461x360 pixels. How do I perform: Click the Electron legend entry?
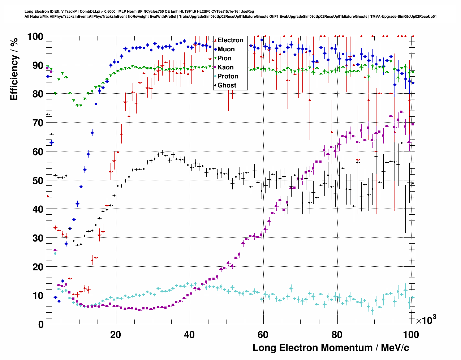230,40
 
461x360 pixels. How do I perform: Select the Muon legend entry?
226,49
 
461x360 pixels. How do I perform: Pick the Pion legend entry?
224,58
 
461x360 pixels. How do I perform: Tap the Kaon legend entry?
225,67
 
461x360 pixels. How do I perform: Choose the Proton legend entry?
228,76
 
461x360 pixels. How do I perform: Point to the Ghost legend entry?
227,85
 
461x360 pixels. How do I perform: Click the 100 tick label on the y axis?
35,37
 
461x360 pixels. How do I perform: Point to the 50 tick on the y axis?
38,180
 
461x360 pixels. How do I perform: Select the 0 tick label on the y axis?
41,324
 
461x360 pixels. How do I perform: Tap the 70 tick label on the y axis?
38,123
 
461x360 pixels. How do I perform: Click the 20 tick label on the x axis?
116,334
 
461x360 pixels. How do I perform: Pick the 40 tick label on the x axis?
189,334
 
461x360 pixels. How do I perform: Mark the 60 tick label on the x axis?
263,334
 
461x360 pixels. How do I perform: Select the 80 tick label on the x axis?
337,334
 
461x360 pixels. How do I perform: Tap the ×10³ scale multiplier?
426,320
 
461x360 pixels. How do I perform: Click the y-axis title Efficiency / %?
14,69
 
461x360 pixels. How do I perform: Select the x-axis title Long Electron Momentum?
331,348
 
